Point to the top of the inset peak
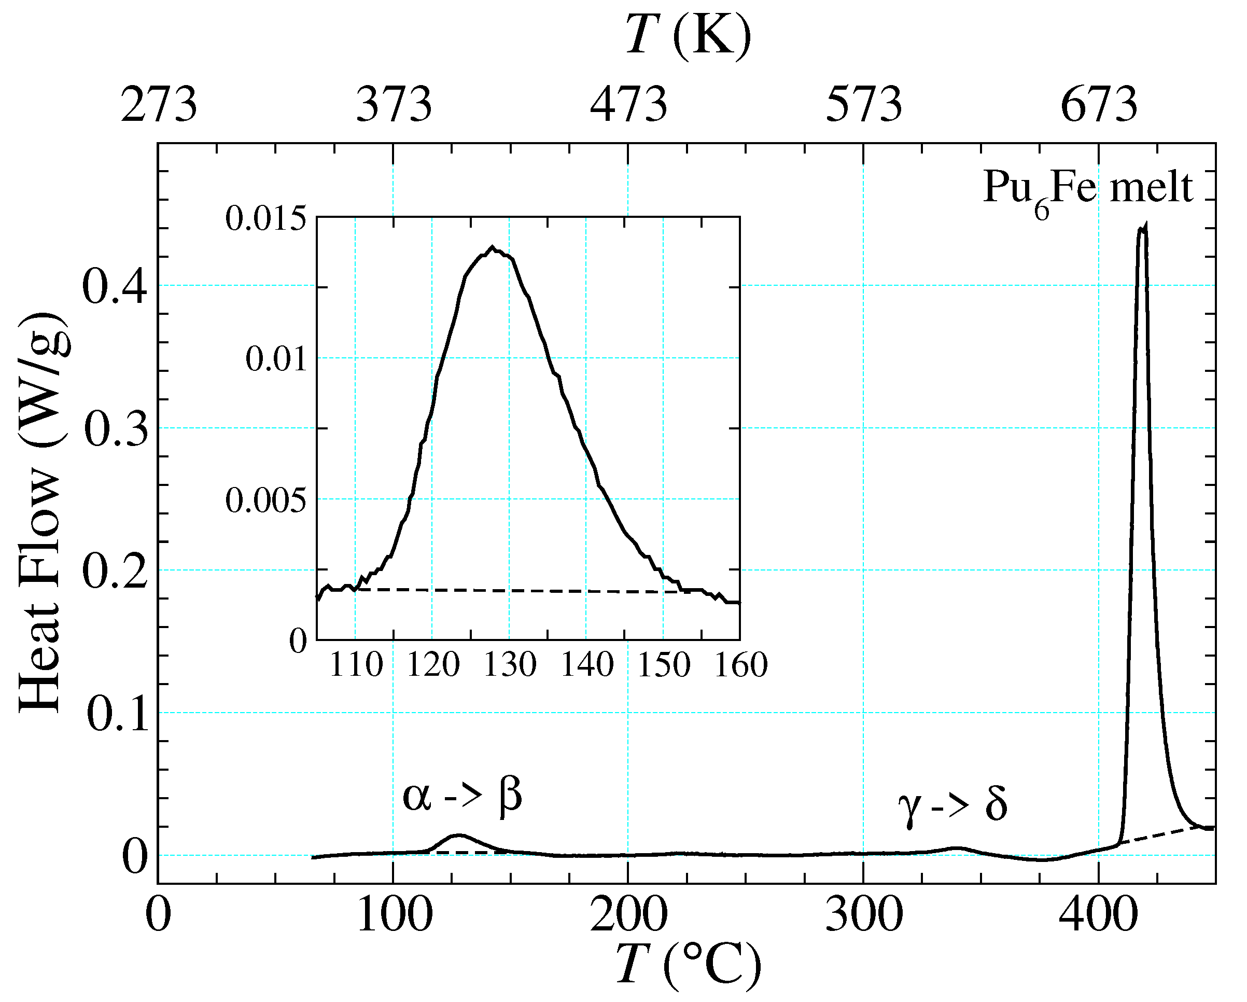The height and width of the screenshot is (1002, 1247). coord(492,247)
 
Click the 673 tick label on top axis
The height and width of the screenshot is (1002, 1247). coord(1099,105)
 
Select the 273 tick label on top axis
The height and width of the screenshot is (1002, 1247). coord(159,105)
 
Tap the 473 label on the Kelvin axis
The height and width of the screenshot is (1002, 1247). coord(629,105)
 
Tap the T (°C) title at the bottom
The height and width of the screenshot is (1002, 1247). coord(688,965)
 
